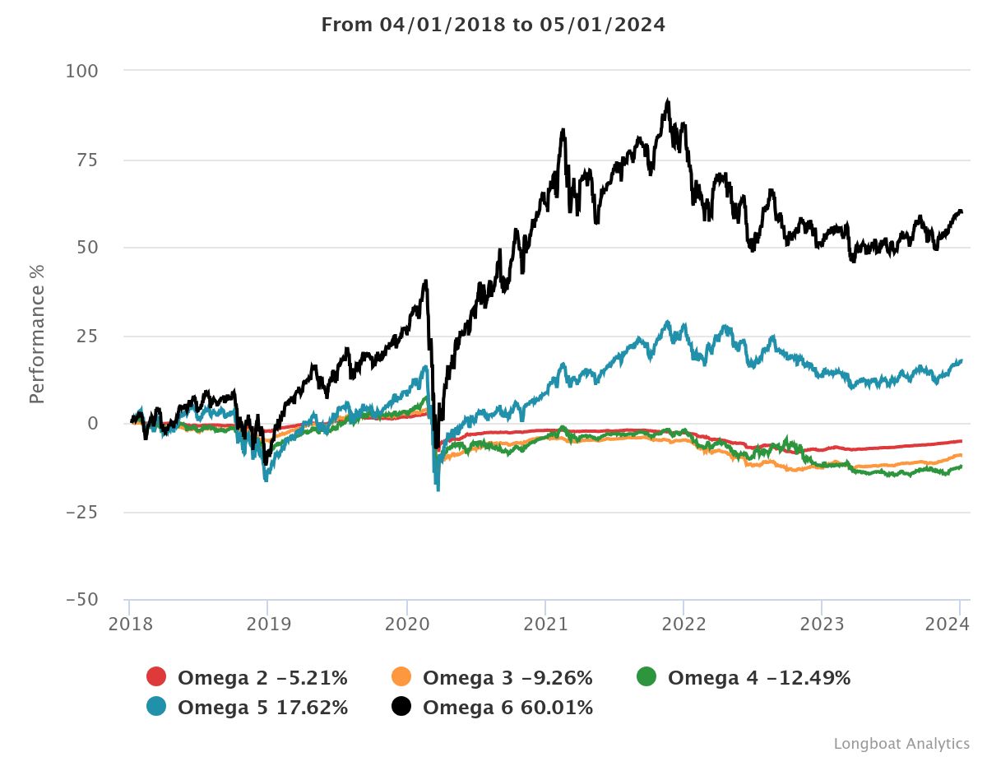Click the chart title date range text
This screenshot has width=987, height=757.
pyautogui.click(x=493, y=25)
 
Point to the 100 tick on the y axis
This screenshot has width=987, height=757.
pyautogui.click(x=81, y=72)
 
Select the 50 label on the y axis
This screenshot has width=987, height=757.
pyautogui.click(x=86, y=248)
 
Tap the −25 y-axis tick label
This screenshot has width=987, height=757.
pyautogui.click(x=82, y=513)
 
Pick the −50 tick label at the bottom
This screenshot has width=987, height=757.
pyautogui.click(x=82, y=599)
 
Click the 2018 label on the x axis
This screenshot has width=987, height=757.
pyautogui.click(x=129, y=625)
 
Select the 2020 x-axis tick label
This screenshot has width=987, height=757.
pyautogui.click(x=407, y=625)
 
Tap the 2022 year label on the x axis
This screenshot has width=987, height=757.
pyautogui.click(x=683, y=625)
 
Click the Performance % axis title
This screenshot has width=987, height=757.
pyautogui.click(x=37, y=334)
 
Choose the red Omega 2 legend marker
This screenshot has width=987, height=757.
pyautogui.click(x=156, y=678)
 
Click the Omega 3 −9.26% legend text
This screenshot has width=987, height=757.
pyautogui.click(x=507, y=678)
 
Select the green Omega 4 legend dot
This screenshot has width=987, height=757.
pyautogui.click(x=646, y=678)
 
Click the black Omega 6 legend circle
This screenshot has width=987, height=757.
pyautogui.click(x=401, y=707)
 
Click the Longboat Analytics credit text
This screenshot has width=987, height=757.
pyautogui.click(x=901, y=743)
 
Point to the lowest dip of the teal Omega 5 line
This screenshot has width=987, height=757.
pyautogui.click(x=438, y=490)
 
